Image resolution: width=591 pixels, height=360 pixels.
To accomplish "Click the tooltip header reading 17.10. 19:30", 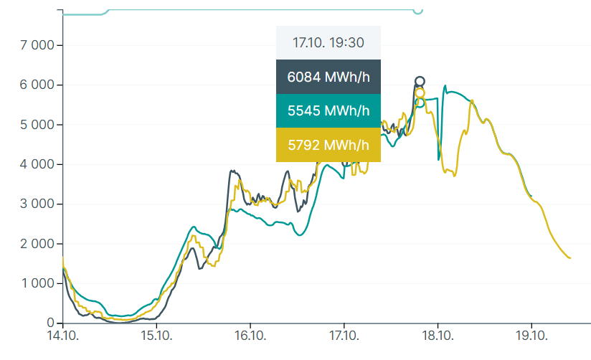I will (328, 43).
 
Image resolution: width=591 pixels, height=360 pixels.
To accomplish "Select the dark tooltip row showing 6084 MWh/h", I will (328, 77).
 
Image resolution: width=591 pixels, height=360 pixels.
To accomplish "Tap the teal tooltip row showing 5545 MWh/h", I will (328, 111).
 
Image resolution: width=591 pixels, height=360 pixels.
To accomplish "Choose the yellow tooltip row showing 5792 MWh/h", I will (328, 145).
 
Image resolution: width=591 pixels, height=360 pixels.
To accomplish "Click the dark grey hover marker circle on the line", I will (420, 82).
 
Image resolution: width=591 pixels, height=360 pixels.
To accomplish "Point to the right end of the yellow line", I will (570, 258).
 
